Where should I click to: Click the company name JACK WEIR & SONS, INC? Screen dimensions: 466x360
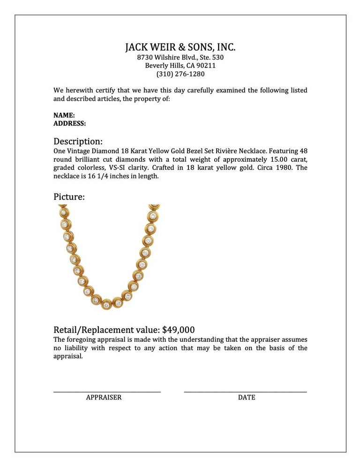click(180, 47)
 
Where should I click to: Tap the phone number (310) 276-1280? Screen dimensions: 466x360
click(180, 74)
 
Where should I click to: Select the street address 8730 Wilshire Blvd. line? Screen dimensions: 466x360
click(180, 57)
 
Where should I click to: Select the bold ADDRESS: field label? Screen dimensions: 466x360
click(69, 123)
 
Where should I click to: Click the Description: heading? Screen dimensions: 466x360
click(78, 141)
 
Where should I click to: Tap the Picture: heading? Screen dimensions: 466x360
click(69, 197)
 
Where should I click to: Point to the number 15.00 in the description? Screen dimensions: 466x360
click(278, 159)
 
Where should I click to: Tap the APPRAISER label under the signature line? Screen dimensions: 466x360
click(104, 397)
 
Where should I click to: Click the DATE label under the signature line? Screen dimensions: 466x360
click(247, 397)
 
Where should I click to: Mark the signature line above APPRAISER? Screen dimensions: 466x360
click(107, 391)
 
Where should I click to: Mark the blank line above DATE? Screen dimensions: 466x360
click(246, 391)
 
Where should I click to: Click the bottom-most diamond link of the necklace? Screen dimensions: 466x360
click(107, 302)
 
